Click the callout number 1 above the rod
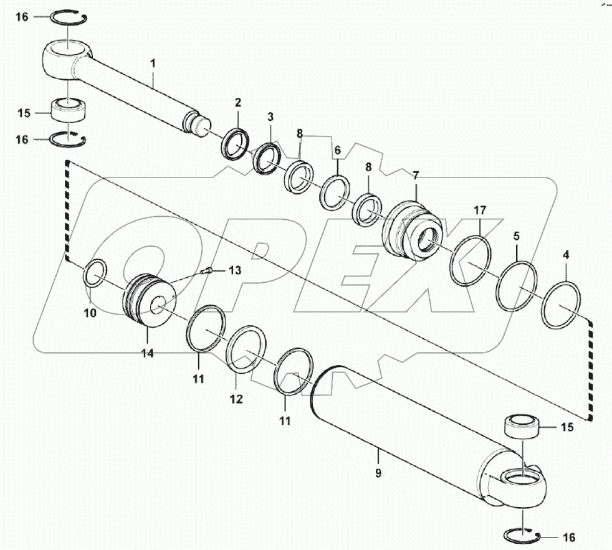coord(153,64)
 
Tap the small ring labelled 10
coord(95,273)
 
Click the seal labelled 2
coord(236,144)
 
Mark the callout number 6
coord(338,151)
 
